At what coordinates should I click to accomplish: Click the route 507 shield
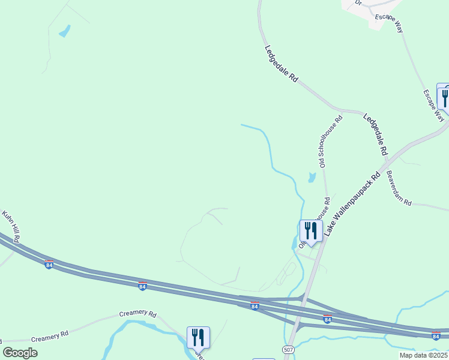pyautogui.click(x=288, y=349)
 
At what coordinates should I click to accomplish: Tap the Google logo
pyautogui.click(x=20, y=353)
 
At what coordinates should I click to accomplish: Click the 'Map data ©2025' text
pyautogui.click(x=424, y=355)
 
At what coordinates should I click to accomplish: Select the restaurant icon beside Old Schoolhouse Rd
pyautogui.click(x=311, y=231)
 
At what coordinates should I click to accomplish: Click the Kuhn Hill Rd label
pyautogui.click(x=11, y=226)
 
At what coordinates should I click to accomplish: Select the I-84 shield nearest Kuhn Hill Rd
pyautogui.click(x=49, y=264)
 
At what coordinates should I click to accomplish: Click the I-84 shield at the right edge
pyautogui.click(x=436, y=335)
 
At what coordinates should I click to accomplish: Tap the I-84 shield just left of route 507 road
pyautogui.click(x=255, y=306)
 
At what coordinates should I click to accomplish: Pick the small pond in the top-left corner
pyautogui.click(x=64, y=31)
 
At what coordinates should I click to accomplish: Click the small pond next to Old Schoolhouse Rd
pyautogui.click(x=311, y=178)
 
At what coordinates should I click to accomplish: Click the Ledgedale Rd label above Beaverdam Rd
pyautogui.click(x=375, y=135)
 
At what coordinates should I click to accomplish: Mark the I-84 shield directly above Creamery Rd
pyautogui.click(x=143, y=285)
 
